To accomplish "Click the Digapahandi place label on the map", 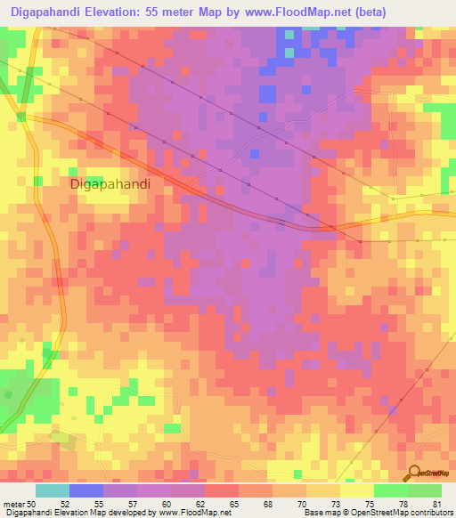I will [x=110, y=183].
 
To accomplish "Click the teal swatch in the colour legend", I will [x=53, y=490].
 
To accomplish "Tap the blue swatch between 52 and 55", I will [x=86, y=490].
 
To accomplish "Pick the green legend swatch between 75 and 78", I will [x=390, y=490].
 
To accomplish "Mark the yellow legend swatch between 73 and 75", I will [x=356, y=490].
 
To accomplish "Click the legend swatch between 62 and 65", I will [x=222, y=490].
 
